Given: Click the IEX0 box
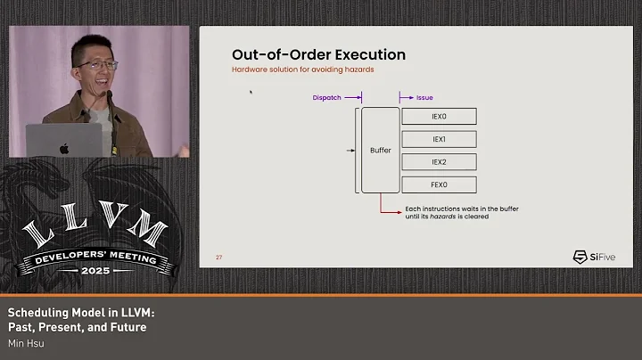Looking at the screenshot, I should (x=439, y=116).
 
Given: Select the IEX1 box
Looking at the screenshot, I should (x=439, y=139).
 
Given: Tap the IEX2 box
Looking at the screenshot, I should (x=439, y=162).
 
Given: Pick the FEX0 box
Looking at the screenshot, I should (x=439, y=185).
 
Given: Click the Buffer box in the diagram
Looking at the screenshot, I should (x=381, y=151).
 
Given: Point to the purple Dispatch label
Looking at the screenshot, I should (x=327, y=97).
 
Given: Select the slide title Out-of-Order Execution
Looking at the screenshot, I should (x=318, y=55).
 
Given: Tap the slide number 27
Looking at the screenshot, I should (x=218, y=258).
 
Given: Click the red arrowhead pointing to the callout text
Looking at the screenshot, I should (x=399, y=211).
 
